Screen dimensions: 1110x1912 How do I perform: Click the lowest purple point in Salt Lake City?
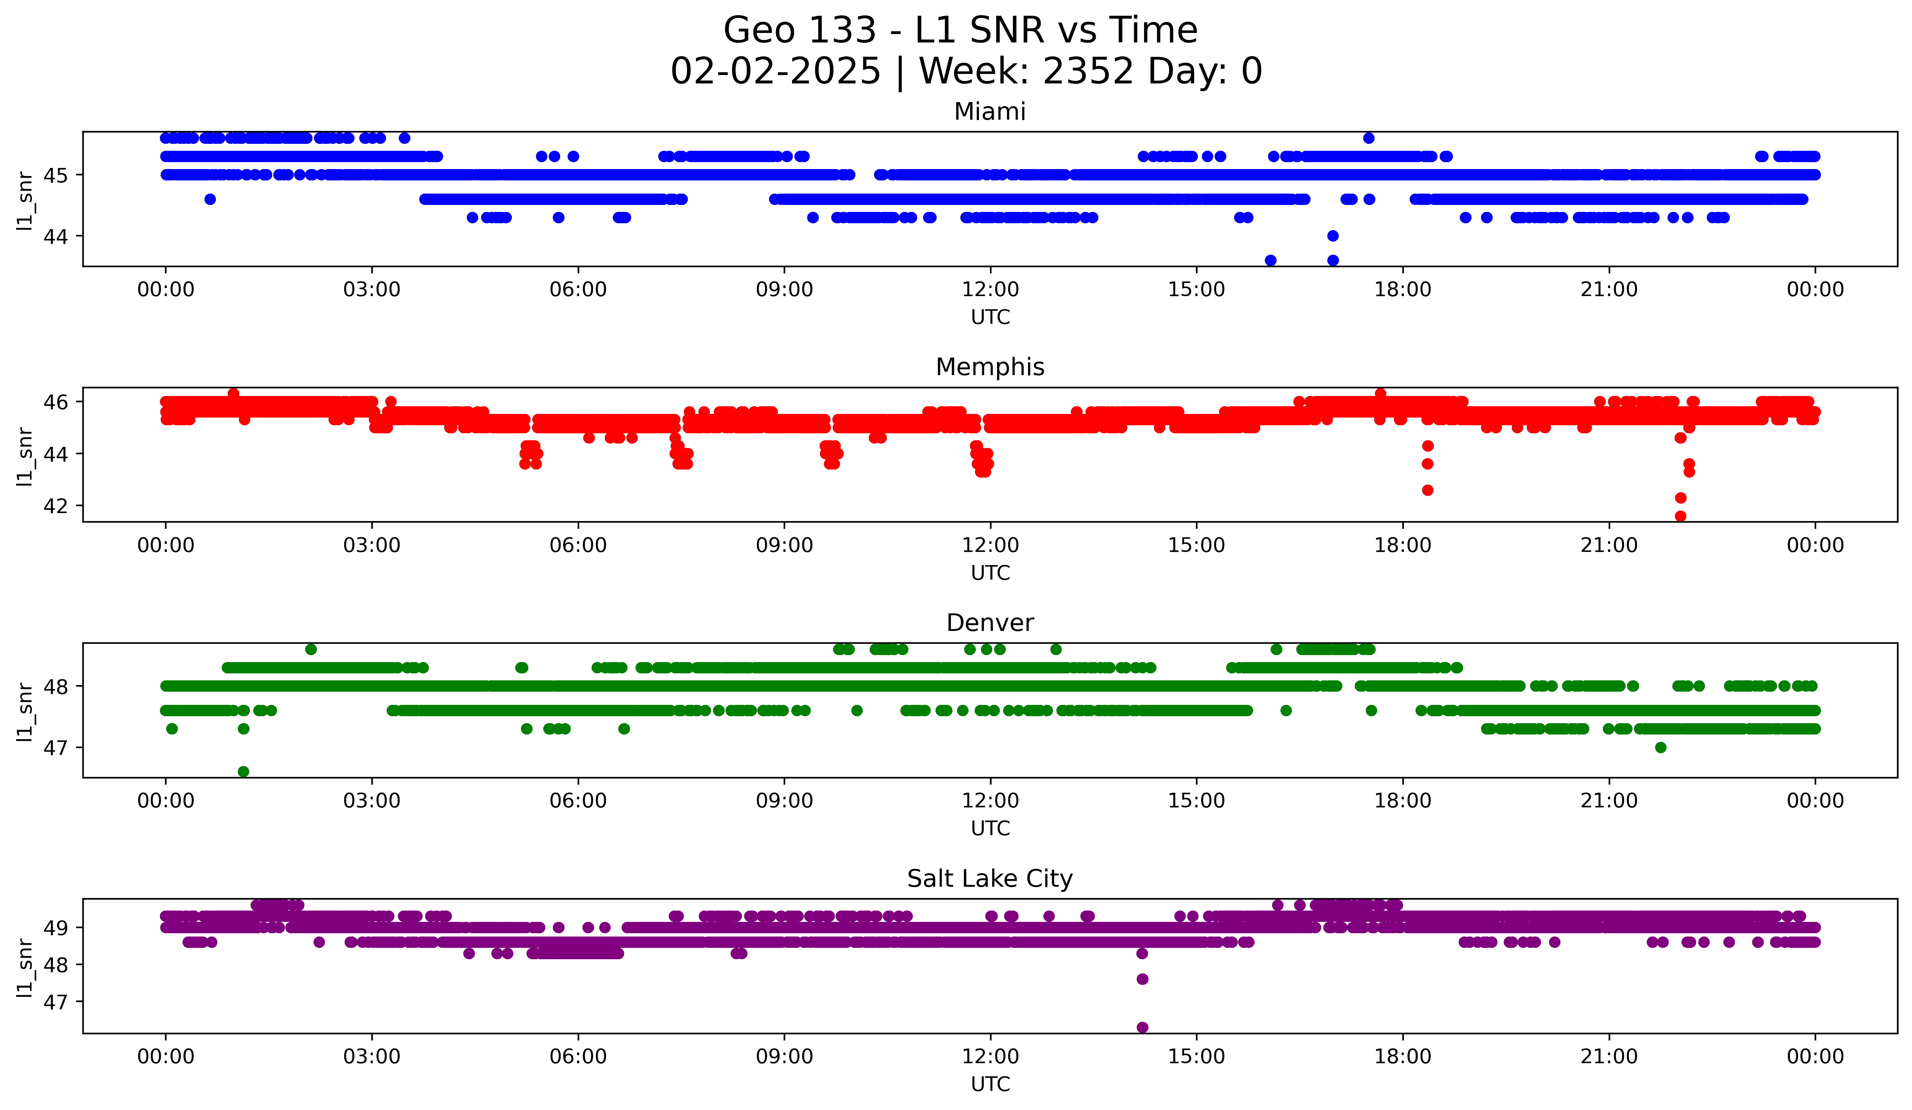(x=1142, y=1027)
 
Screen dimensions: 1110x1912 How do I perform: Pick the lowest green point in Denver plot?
(x=244, y=771)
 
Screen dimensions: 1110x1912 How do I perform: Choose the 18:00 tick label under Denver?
(x=1402, y=801)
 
